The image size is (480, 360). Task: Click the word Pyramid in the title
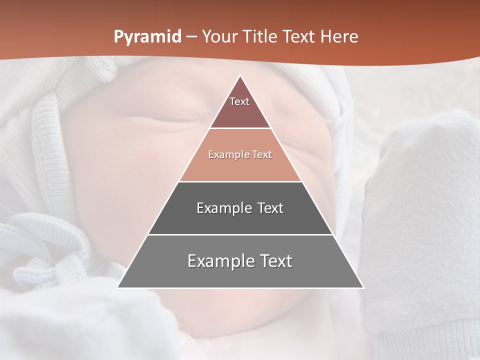click(x=147, y=37)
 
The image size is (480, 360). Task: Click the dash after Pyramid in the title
click(x=191, y=37)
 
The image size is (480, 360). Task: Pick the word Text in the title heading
click(x=299, y=37)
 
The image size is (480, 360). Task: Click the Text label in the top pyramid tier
click(x=239, y=101)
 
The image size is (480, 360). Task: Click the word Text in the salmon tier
click(x=261, y=155)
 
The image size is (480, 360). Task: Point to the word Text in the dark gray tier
click(x=270, y=208)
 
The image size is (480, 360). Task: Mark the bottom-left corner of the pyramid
click(x=118, y=287)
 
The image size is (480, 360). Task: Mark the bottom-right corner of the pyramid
click(x=363, y=287)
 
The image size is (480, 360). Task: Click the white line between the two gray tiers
click(x=240, y=234)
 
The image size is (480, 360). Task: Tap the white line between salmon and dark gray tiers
click(x=240, y=181)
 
